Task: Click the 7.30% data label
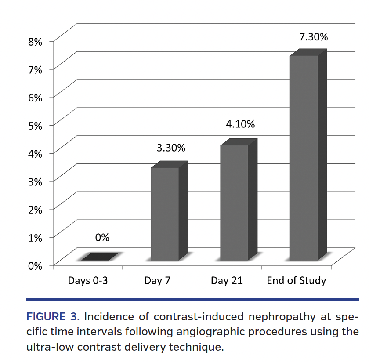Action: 313,37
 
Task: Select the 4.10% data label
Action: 240,124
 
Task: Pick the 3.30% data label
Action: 171,148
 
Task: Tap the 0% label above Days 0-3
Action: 102,238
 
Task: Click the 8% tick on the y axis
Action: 35,42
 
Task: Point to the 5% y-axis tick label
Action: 35,126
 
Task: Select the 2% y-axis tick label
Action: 35,209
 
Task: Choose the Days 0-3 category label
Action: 88,280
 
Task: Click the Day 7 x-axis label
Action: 157,280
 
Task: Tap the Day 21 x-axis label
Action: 226,280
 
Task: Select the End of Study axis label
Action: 297,280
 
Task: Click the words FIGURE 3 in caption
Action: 53,317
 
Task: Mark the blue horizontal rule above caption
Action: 192,300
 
